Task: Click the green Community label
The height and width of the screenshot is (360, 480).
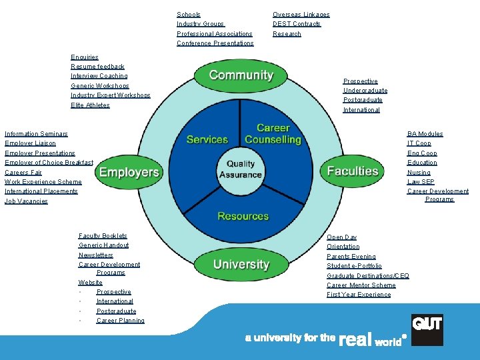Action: point(241,75)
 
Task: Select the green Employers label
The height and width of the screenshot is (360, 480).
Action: point(129,173)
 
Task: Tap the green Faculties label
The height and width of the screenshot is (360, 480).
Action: point(353,171)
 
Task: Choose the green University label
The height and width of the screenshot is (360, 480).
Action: point(241,265)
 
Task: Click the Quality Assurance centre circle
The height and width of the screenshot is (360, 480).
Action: point(240,169)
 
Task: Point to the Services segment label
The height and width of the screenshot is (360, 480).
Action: point(207,139)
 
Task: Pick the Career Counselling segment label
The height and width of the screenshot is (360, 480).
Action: point(273,133)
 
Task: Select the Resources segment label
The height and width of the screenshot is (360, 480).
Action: point(243,216)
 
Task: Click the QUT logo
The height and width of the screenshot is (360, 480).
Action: point(427,330)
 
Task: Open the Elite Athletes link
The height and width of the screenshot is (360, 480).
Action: point(90,105)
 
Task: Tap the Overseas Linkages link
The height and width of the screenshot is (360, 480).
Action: point(301,15)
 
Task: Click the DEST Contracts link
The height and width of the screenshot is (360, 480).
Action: point(297,24)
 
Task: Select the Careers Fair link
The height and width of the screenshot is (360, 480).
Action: point(23,172)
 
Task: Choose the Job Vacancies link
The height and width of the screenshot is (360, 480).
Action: point(26,201)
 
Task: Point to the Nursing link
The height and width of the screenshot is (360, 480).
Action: point(419,172)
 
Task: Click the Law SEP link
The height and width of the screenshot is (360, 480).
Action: point(421,181)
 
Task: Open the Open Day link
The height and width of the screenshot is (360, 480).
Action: point(341,237)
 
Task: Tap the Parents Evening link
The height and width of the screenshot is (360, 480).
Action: point(351,257)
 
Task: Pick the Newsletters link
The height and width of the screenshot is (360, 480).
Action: point(96,255)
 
